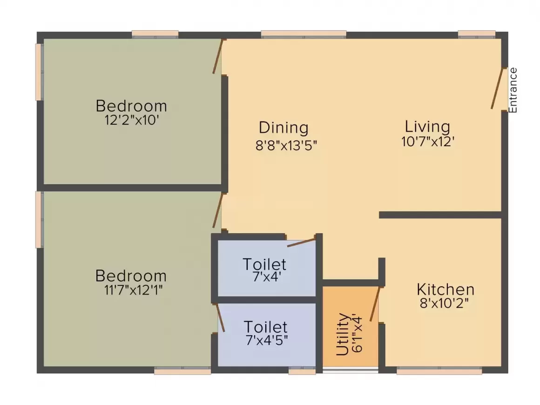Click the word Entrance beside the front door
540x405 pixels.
pyautogui.click(x=513, y=90)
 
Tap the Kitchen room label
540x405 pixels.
pyautogui.click(x=445, y=290)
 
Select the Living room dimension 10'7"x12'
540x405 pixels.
pyautogui.click(x=427, y=142)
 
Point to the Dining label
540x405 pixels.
pyautogui.click(x=283, y=128)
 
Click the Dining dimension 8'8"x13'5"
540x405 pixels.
pyautogui.click(x=286, y=145)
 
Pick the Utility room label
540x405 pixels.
pyautogui.click(x=342, y=334)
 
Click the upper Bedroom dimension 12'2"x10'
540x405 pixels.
pyautogui.click(x=132, y=120)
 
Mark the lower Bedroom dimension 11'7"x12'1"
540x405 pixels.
pyautogui.click(x=133, y=290)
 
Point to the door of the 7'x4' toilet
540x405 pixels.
pyautogui.click(x=301, y=242)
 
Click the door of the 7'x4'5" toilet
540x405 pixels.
pyautogui.click(x=220, y=317)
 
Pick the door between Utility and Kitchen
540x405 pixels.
pyautogui.click(x=375, y=304)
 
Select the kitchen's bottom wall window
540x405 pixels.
pyautogui.click(x=439, y=371)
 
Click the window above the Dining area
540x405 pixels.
pyautogui.click(x=304, y=34)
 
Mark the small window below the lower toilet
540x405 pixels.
pyautogui.click(x=302, y=371)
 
